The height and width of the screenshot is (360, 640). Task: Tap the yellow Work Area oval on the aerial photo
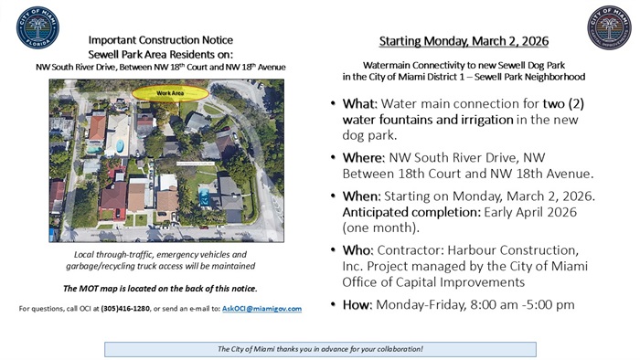pos(169,92)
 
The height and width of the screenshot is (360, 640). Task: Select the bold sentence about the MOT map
pos(160,289)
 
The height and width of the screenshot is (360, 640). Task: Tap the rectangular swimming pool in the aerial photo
pos(206,196)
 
